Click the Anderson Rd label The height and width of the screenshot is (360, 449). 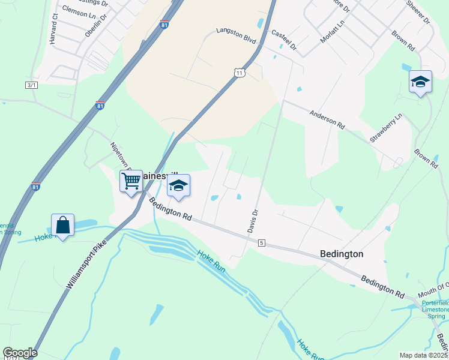(x=327, y=119)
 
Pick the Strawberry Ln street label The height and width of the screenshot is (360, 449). (x=385, y=128)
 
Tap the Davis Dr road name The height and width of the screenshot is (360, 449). (x=252, y=221)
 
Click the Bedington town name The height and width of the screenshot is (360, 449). (x=342, y=254)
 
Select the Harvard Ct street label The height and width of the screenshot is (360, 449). (x=53, y=29)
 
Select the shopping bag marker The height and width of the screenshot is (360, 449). (x=62, y=226)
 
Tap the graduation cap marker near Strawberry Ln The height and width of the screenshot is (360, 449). (x=420, y=82)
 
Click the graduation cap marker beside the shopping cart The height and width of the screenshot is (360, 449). (x=178, y=185)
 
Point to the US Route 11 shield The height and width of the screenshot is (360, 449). (x=240, y=73)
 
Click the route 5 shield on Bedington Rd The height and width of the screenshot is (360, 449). (x=262, y=242)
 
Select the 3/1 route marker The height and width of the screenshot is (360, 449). (x=31, y=85)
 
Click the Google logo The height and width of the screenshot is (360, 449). (x=20, y=353)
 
